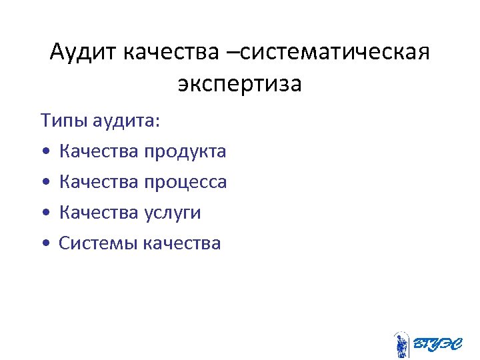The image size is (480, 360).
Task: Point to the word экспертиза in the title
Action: coord(239,85)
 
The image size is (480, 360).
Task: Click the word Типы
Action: coord(62,121)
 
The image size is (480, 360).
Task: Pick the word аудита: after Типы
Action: coord(122,121)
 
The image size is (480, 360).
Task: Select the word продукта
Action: coord(185,151)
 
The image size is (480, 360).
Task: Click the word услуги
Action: coord(172,213)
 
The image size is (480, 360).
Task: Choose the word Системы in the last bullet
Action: coord(97,243)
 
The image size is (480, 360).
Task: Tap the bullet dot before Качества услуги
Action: coord(44,214)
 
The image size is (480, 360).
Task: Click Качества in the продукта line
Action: coord(99,151)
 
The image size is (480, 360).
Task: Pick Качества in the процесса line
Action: coord(99,182)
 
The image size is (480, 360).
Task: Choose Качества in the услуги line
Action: coord(99,213)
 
